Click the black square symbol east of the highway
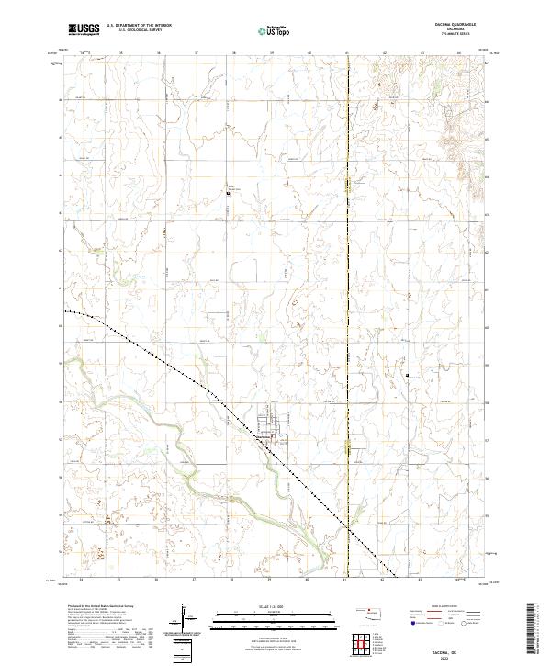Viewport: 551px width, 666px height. (407, 374)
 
